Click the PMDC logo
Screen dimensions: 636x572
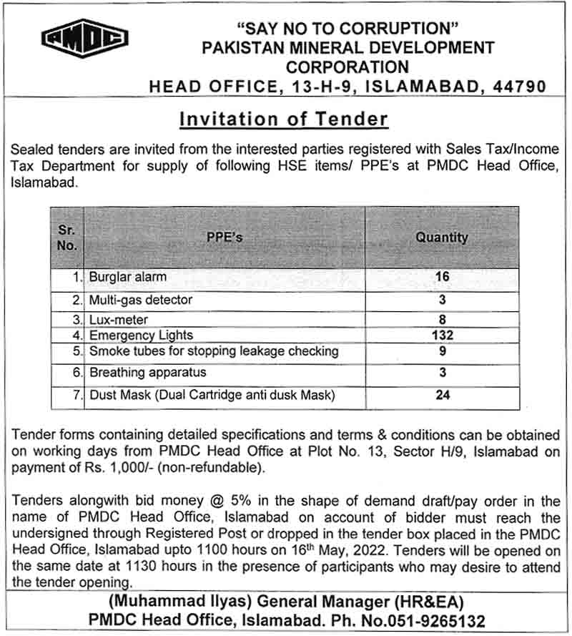[x=84, y=39]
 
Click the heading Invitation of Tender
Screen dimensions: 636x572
[x=284, y=119]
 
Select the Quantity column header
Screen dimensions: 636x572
[x=442, y=238]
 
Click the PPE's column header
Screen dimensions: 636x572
[x=224, y=238]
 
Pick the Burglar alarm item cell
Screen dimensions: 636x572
[x=128, y=276]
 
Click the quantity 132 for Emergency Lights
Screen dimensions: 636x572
[x=443, y=335]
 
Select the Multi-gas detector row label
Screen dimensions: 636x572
[x=140, y=299]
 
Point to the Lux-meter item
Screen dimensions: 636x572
[x=118, y=321]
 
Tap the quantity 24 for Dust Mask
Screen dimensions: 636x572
[x=443, y=395]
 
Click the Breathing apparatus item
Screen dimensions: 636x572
[x=147, y=372]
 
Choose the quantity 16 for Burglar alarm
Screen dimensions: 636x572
[x=443, y=276]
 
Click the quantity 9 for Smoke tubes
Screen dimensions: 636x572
[x=443, y=351]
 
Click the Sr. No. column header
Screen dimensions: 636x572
[x=66, y=238]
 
